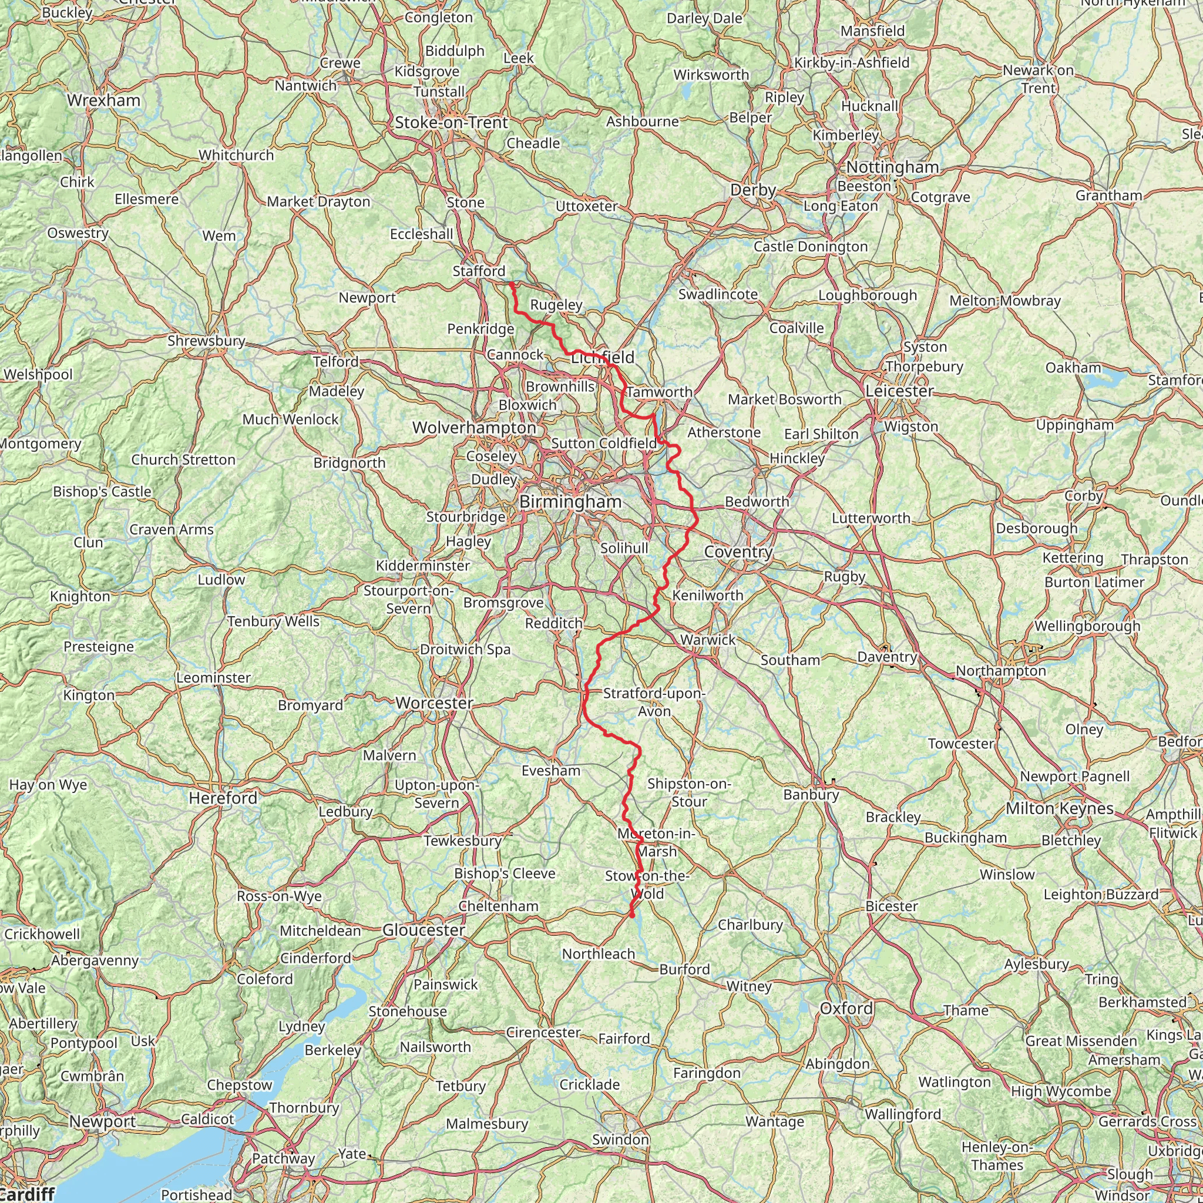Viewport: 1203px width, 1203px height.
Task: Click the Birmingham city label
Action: [x=570, y=502]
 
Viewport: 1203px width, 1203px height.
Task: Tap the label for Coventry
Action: [x=738, y=552]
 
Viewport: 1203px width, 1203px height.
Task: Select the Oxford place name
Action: [x=846, y=1008]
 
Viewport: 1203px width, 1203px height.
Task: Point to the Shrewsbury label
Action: [x=206, y=341]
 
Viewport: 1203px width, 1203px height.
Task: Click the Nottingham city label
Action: [x=892, y=167]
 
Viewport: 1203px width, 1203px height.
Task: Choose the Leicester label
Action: [x=900, y=391]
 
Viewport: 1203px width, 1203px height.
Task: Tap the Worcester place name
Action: [x=435, y=703]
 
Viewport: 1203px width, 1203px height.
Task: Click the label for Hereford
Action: [x=223, y=798]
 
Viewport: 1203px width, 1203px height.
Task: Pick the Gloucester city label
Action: [x=424, y=930]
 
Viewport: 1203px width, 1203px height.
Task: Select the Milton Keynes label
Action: [x=1059, y=809]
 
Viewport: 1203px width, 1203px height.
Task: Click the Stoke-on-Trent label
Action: [x=452, y=123]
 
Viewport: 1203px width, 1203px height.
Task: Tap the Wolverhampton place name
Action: [x=475, y=428]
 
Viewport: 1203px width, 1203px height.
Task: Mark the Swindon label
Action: [x=620, y=1140]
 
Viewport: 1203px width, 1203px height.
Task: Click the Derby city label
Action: [x=753, y=190]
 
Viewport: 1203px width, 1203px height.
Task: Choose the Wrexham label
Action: [x=103, y=100]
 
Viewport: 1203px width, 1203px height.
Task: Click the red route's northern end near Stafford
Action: [x=511, y=284]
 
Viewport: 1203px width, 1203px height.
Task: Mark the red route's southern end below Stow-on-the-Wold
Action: [x=632, y=916]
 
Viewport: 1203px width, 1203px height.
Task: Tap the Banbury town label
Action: [x=811, y=795]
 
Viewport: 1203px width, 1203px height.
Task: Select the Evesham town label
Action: [x=550, y=771]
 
